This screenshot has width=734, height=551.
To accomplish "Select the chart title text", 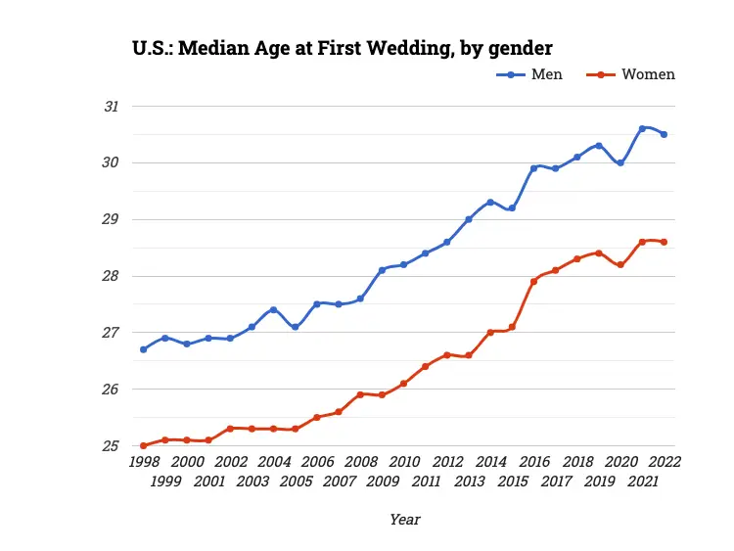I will tap(343, 47).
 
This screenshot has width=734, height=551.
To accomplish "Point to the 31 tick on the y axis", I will tap(112, 106).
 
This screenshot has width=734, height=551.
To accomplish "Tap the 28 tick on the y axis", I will tap(112, 276).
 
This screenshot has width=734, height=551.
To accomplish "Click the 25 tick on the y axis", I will tap(112, 446).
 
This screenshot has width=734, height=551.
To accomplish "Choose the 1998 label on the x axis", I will tap(144, 462).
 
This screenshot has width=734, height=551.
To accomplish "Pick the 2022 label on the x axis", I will tap(664, 462).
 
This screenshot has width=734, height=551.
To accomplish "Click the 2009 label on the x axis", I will tap(382, 482).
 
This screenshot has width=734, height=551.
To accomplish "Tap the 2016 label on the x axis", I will tap(533, 462).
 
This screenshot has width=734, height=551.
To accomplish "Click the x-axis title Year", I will tap(404, 520).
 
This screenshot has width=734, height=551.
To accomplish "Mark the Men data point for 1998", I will tap(144, 349).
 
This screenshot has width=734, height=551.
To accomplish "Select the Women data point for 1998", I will tap(144, 445).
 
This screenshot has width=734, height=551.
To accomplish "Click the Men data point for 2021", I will tap(642, 128).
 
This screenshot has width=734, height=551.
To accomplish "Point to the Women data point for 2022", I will tap(664, 242).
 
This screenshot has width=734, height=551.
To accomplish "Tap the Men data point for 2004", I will tap(273, 309).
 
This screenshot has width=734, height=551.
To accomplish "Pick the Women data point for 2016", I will tap(533, 282).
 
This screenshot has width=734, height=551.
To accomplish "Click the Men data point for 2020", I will tap(620, 162).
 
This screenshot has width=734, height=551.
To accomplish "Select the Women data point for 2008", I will tap(360, 394).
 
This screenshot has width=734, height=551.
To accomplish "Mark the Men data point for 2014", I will tap(490, 202).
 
